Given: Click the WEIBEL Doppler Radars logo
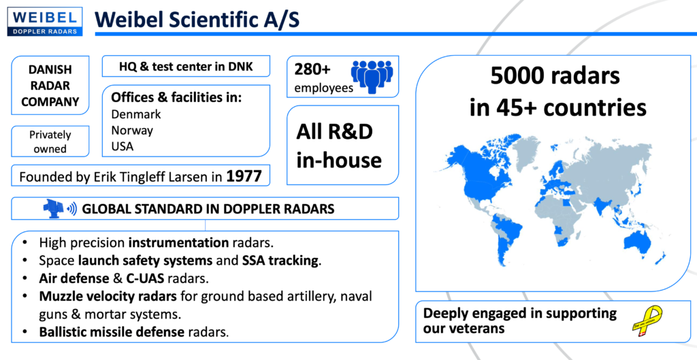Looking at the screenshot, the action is click(45, 21).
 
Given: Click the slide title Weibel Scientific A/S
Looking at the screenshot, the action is click(197, 20).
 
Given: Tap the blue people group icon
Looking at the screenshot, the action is click(372, 76).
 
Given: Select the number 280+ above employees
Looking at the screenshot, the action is click(312, 69).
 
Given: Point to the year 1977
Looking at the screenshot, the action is click(244, 176).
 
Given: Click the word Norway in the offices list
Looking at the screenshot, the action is click(132, 130).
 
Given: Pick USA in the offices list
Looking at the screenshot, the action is click(123, 146).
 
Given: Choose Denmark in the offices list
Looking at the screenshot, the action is click(136, 114).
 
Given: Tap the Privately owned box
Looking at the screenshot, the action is click(50, 142).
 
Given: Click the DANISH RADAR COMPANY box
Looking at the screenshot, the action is click(50, 85).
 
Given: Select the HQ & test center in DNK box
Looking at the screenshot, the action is click(186, 67).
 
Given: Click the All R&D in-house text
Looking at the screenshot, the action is click(339, 146).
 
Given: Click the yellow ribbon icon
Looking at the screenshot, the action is click(647, 320).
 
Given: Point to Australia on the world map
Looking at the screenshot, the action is click(645, 244).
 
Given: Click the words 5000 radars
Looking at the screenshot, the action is click(555, 76).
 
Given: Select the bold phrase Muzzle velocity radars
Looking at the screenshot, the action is click(108, 296).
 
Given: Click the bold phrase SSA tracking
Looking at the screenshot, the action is click(280, 261).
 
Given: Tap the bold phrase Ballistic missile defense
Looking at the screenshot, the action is click(112, 331).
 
